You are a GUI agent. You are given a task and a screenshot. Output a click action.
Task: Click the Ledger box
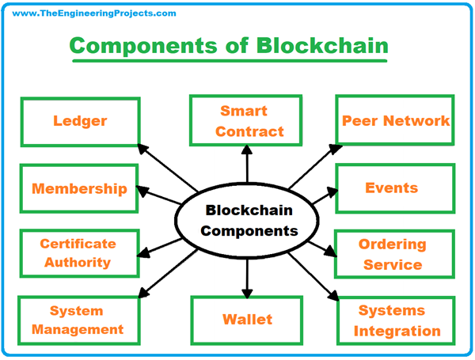click(80, 121)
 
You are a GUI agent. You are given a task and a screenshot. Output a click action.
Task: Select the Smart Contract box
click(248, 121)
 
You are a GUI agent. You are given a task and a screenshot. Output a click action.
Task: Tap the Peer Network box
click(395, 121)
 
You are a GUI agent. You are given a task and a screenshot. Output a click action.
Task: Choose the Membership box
click(79, 188)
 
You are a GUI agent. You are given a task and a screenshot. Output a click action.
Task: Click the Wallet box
click(247, 320)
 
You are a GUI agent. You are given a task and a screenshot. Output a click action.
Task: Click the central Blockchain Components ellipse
click(248, 221)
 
